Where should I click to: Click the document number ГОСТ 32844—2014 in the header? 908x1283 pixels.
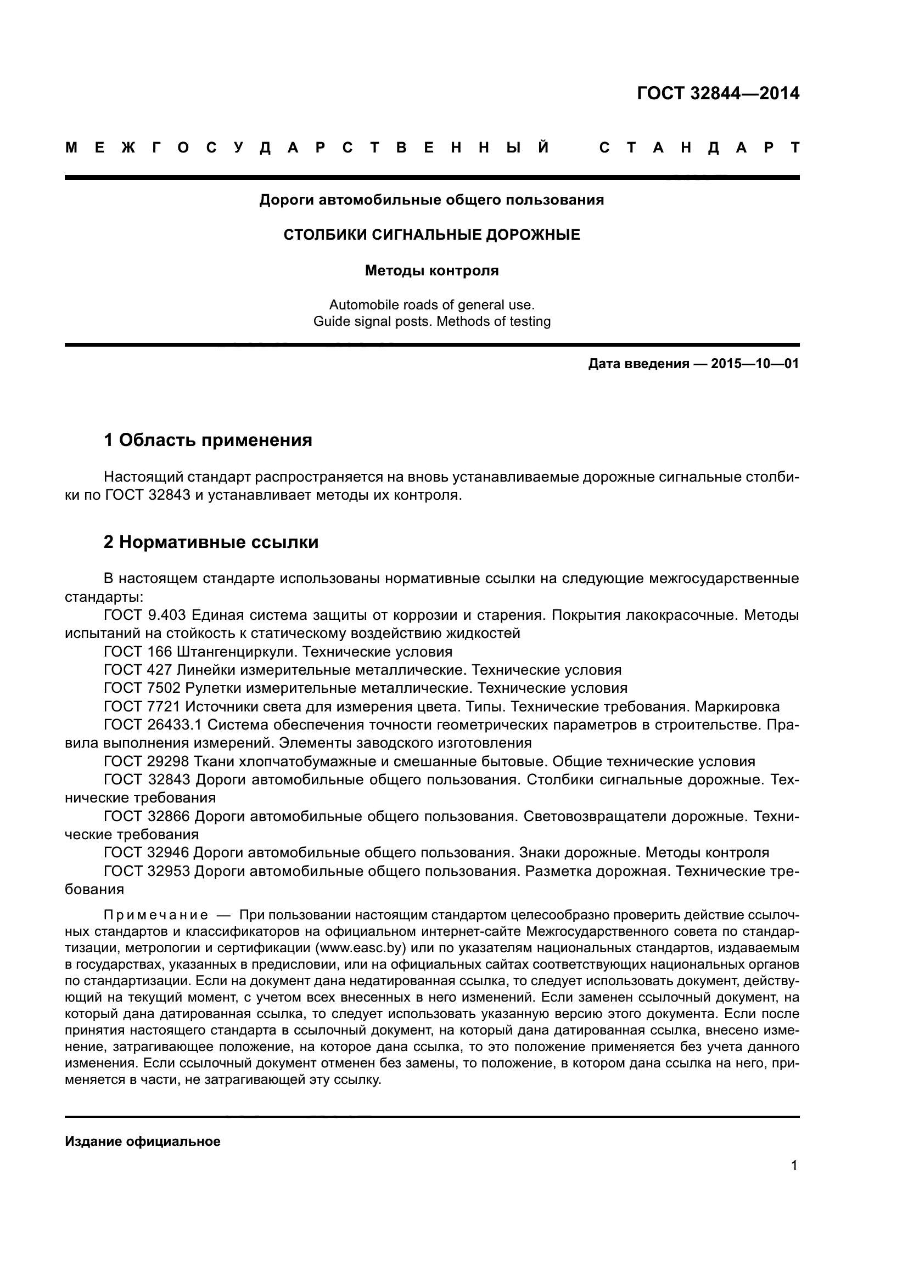[718, 93]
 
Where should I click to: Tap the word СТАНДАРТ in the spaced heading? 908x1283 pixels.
[699, 148]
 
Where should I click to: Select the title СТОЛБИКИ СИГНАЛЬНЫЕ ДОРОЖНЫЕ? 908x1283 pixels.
[431, 235]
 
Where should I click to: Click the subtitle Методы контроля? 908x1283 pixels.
[431, 271]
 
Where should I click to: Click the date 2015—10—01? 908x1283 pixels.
[755, 364]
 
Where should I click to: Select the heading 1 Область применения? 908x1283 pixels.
[208, 440]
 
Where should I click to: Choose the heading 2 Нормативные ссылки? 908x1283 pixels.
[211, 542]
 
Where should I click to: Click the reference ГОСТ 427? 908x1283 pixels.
[138, 670]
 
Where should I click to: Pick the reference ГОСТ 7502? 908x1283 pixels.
[142, 688]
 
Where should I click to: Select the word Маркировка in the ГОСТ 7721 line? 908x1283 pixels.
[737, 707]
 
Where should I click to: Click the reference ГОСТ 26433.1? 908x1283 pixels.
[153, 725]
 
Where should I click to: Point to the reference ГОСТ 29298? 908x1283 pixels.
[147, 762]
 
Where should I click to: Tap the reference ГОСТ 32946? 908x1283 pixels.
[147, 853]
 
